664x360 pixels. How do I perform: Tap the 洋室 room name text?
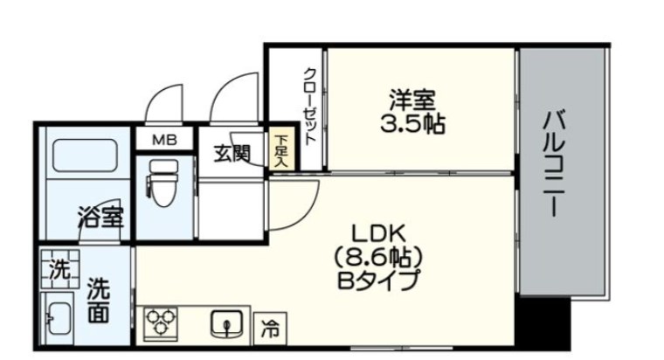click(x=411, y=100)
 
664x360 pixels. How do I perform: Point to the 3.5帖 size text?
click(x=411, y=124)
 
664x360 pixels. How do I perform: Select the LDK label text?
click(x=375, y=233)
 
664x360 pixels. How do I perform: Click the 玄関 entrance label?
click(x=232, y=153)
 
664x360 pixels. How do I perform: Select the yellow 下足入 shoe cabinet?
click(x=281, y=149)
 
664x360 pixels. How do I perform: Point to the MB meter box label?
click(x=164, y=139)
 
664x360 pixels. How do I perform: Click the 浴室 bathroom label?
click(x=100, y=216)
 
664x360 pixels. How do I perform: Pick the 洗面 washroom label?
click(x=99, y=299)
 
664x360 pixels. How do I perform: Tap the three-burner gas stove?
click(x=161, y=323)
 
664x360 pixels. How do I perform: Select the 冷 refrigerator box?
click(x=270, y=330)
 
